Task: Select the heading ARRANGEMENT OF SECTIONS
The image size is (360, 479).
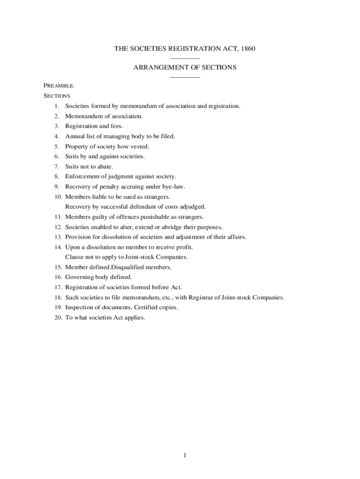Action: point(185,67)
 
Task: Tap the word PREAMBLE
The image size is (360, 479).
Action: point(59,86)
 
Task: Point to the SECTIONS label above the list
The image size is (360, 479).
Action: point(57,96)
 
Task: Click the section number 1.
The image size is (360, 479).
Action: point(56,106)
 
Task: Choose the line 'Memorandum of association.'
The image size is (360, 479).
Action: point(104,116)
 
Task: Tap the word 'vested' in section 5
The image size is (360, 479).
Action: point(140,146)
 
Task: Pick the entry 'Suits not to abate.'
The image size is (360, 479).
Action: point(89,167)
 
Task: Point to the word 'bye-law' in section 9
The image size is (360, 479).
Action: point(174,187)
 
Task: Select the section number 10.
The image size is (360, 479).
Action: point(58,197)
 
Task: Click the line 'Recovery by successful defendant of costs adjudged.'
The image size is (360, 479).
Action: point(135,206)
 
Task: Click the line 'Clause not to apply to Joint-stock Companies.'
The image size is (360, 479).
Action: point(127,257)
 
